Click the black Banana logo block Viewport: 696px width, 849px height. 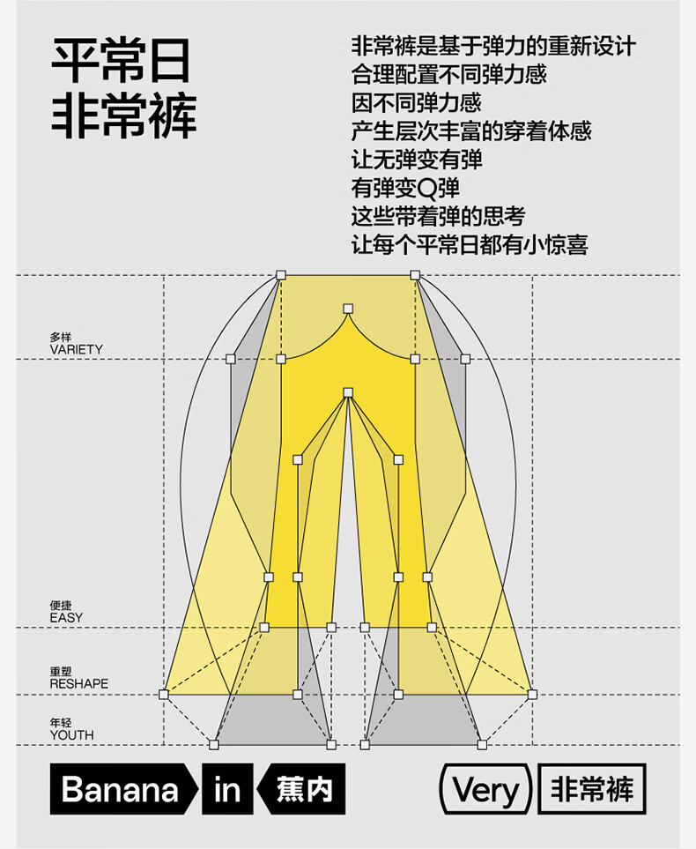(x=123, y=789)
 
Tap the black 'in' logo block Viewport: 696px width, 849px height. (x=227, y=789)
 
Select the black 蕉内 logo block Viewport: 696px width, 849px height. (x=301, y=789)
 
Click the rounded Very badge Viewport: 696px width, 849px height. (x=485, y=789)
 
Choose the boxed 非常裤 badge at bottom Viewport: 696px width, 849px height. (x=592, y=789)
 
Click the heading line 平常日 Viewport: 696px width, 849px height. (x=121, y=60)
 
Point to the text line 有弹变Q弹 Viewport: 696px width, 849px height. (x=405, y=188)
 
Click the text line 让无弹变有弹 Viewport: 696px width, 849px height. (x=416, y=160)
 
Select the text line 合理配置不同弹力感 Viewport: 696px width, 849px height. (x=448, y=74)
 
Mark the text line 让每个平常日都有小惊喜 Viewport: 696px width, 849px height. (x=470, y=245)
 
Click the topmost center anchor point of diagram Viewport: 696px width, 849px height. (x=348, y=309)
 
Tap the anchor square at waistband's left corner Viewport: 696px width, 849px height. (x=280, y=275)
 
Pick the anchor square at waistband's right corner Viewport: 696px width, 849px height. (x=415, y=275)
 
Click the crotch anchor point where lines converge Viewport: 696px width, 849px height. (x=348, y=392)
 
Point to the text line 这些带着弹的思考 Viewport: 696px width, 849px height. (x=438, y=217)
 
